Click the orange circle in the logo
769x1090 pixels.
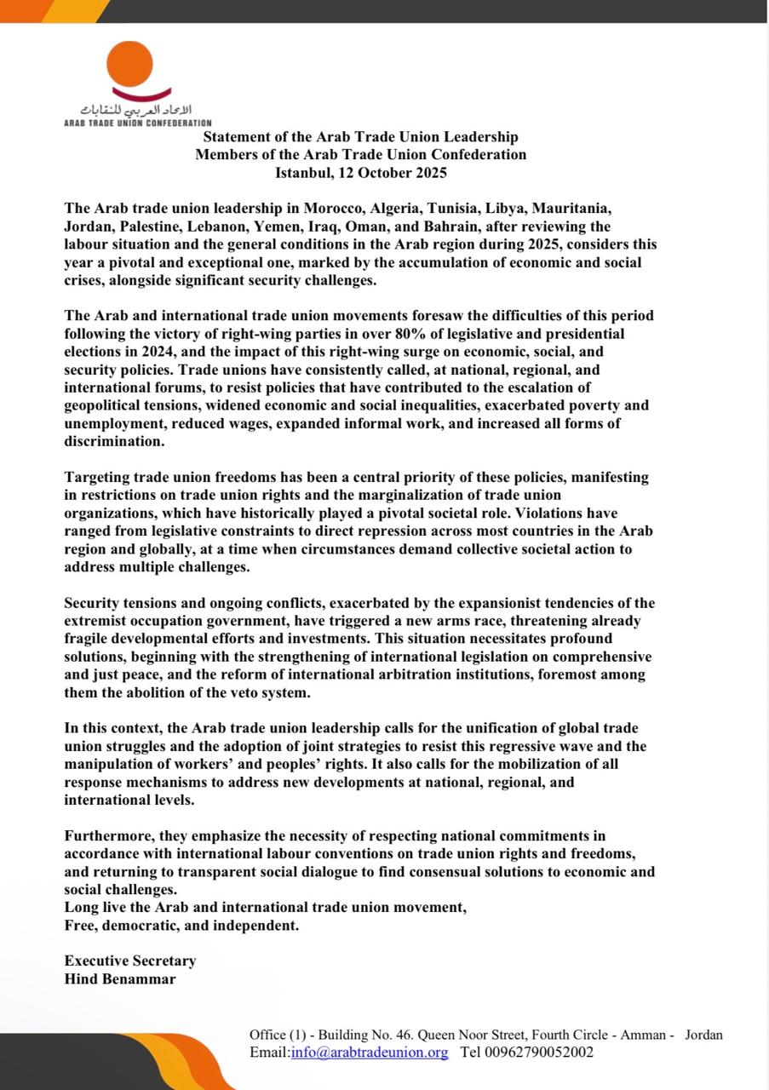click(130, 63)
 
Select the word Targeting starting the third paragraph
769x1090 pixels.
click(99, 478)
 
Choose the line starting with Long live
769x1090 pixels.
click(265, 908)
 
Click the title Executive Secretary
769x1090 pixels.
click(130, 961)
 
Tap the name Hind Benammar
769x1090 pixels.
click(120, 978)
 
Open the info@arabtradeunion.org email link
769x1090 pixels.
click(369, 1053)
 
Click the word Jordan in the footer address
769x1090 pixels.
click(703, 1035)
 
